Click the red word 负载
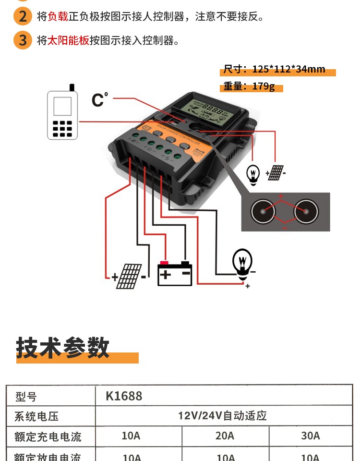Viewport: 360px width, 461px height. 58,17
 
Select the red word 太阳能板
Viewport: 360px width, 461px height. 68,40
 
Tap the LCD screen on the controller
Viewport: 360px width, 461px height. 208,111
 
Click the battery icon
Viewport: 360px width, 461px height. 175,274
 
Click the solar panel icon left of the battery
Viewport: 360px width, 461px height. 129,276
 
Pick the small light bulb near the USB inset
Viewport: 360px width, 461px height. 253,173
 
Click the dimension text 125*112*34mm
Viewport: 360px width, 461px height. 288,69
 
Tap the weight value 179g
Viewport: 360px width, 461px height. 264,87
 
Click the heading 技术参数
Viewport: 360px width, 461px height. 63,347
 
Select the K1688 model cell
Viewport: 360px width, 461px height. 124,396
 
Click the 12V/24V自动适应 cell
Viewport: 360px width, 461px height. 222,415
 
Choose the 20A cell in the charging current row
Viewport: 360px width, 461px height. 225,436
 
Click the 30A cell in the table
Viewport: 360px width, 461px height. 310,436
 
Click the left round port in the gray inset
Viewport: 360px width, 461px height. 263,211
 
